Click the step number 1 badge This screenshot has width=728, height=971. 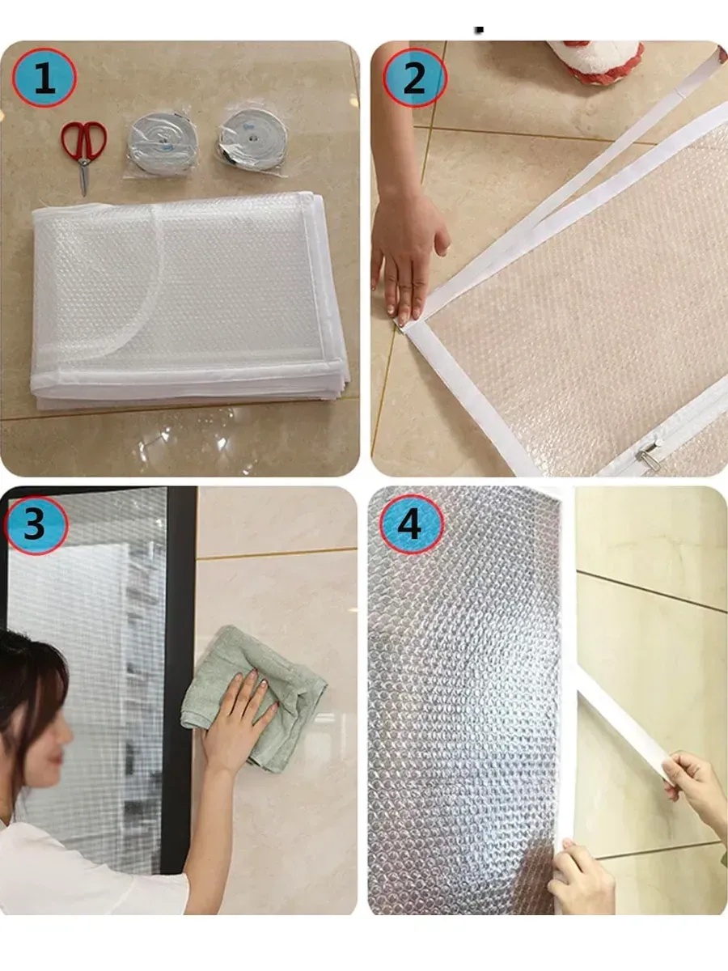tap(44, 78)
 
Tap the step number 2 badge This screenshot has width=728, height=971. tap(415, 78)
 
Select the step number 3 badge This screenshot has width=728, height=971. tap(36, 524)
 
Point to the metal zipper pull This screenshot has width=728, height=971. tap(646, 453)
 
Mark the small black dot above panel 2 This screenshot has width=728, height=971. tap(479, 30)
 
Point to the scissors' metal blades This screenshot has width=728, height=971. tap(83, 176)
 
